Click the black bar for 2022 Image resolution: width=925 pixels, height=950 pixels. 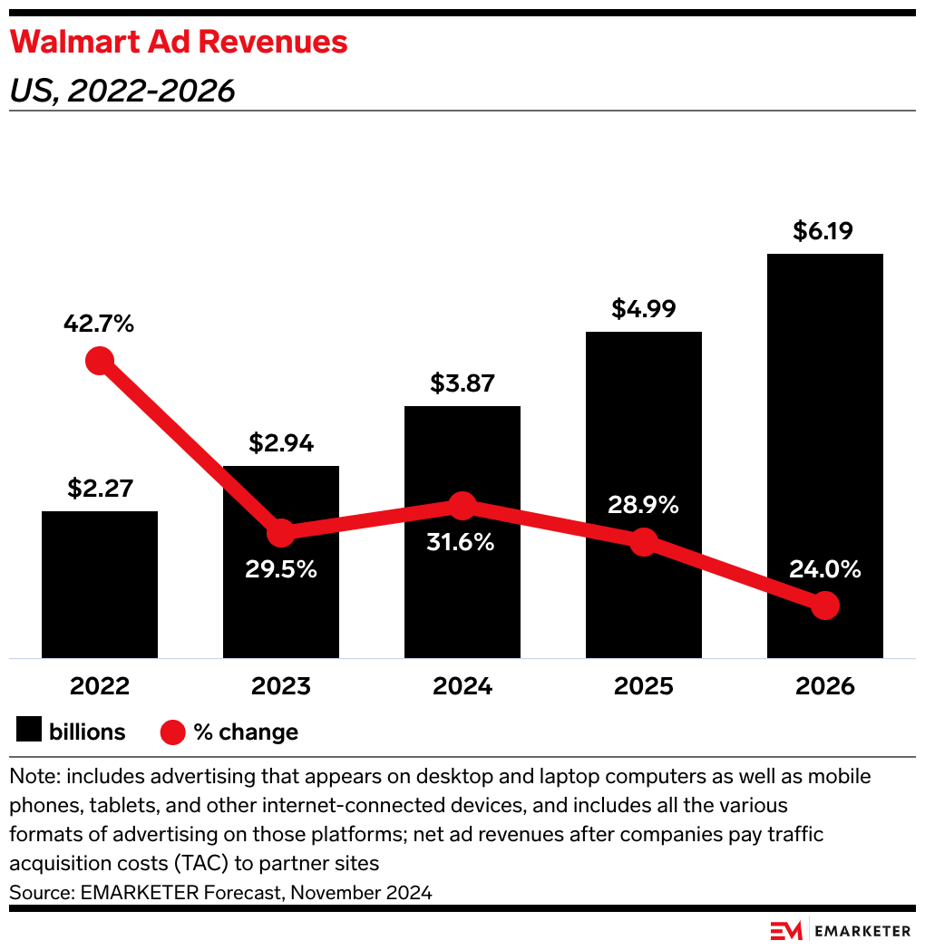(100, 585)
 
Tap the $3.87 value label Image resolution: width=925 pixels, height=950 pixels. (462, 383)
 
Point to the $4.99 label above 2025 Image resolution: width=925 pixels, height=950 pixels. (644, 309)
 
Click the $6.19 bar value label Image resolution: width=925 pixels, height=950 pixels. (824, 231)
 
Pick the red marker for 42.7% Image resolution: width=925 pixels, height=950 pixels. (100, 361)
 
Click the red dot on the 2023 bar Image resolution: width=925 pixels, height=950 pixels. (281, 533)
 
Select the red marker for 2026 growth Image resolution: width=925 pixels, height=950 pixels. (824, 606)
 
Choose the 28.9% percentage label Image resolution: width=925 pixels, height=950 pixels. (644, 505)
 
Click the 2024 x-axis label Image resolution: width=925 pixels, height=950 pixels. (462, 686)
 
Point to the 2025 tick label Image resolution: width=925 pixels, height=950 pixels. (644, 686)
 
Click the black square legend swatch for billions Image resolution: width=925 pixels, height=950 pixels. (29, 732)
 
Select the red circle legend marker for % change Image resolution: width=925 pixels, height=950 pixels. (173, 732)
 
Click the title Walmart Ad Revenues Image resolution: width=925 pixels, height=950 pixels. (179, 43)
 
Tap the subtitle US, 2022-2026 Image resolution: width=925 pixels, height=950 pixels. (122, 91)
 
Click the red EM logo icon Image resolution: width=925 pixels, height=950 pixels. (785, 931)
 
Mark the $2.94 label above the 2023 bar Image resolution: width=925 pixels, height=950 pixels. (281, 443)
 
